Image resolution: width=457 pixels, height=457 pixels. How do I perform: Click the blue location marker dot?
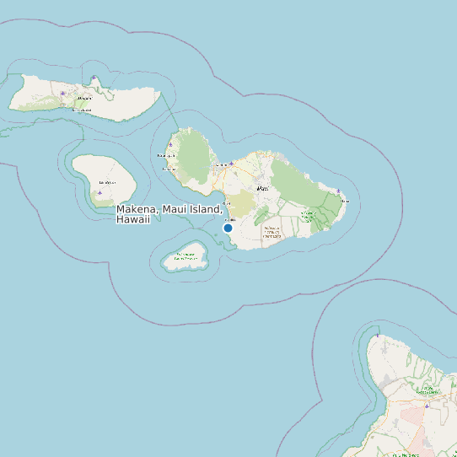228,228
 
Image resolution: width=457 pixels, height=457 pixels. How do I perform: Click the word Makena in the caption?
136,209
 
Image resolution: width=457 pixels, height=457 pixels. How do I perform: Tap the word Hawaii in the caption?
132,219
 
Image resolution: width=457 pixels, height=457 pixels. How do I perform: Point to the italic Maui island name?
262,188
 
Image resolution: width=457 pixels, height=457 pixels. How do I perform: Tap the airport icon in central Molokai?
62,94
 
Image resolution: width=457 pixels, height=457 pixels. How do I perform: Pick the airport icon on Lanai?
99,192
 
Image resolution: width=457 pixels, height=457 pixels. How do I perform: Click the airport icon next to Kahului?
231,163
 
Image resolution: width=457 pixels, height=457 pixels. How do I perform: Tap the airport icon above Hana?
338,191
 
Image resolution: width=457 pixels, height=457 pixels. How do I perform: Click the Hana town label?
344,202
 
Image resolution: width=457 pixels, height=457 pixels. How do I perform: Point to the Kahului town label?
222,165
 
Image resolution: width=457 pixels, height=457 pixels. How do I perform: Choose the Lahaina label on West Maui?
169,168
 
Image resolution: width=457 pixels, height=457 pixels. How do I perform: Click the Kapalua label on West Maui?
165,156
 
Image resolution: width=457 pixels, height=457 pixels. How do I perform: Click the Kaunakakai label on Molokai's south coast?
81,110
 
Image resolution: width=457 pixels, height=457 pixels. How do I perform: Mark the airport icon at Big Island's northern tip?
378,336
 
